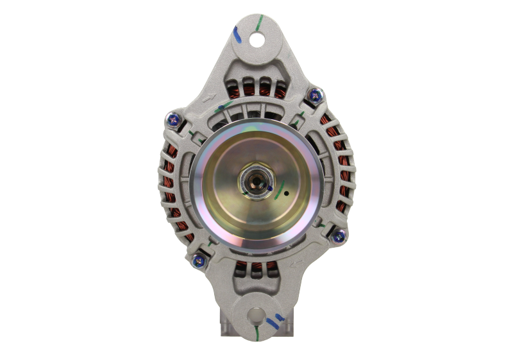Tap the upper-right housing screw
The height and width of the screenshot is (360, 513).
tap(314, 95)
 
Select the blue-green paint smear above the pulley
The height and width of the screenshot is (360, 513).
tap(224, 106)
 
